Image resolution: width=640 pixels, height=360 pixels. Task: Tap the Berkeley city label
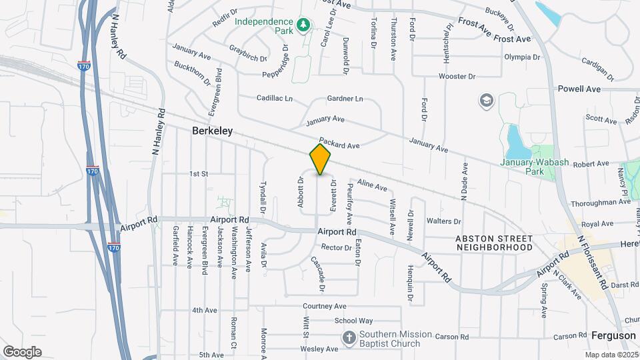[212, 131]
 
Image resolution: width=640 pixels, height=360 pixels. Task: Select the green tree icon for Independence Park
[303, 25]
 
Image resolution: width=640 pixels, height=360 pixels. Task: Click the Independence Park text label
[265, 26]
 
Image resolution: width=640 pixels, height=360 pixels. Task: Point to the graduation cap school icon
[486, 101]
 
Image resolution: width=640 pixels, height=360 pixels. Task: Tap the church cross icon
[349, 338]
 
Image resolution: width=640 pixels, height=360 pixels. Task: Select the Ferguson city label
[613, 335]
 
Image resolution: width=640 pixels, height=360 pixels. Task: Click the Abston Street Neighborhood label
[494, 243]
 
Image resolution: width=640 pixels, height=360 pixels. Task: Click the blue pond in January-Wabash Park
[515, 139]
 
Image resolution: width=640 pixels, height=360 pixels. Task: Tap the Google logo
[22, 351]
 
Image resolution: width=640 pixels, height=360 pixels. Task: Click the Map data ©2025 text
[611, 355]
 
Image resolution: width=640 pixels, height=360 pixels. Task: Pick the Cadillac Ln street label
[275, 98]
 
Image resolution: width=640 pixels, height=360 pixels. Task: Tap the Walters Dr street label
[443, 221]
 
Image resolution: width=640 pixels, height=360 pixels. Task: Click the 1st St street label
[199, 174]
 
